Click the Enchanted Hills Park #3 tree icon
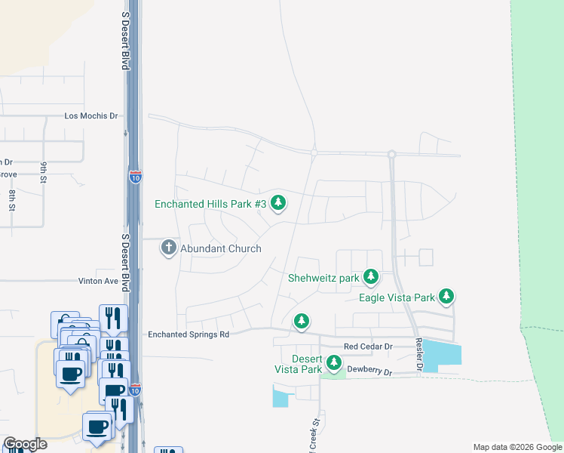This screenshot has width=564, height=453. pyautogui.click(x=279, y=202)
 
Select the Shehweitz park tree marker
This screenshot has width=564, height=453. pyautogui.click(x=370, y=277)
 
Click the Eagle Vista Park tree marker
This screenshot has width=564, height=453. pyautogui.click(x=446, y=297)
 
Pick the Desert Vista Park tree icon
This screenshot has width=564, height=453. pyautogui.click(x=333, y=363)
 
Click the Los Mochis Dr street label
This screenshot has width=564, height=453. pyautogui.click(x=92, y=116)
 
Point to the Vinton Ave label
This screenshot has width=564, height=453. pyautogui.click(x=99, y=281)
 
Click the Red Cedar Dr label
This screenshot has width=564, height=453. pyautogui.click(x=368, y=347)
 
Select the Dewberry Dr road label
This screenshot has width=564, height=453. pyautogui.click(x=371, y=372)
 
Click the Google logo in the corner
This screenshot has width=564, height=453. pyautogui.click(x=25, y=444)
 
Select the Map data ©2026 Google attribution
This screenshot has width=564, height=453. pyautogui.click(x=518, y=447)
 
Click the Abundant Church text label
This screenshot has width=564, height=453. pyautogui.click(x=221, y=248)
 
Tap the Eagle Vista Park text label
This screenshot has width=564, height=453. pyautogui.click(x=397, y=297)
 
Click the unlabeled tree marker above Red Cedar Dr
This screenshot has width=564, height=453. pyautogui.click(x=302, y=322)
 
